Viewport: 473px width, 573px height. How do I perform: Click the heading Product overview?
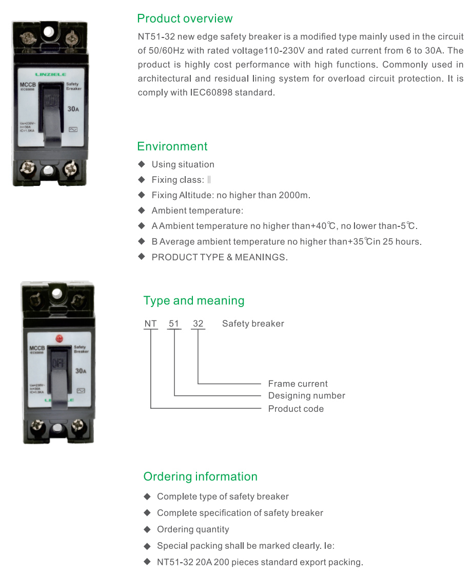pos(185,19)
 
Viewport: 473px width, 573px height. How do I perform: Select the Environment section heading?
pos(172,146)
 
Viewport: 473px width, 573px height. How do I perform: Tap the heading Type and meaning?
pos(194,301)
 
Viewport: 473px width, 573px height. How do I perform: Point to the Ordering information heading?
pos(200,476)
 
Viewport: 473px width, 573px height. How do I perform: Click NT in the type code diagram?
pos(150,324)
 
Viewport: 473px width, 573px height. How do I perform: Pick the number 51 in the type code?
pos(175,324)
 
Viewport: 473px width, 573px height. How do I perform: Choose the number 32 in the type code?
pos(198,324)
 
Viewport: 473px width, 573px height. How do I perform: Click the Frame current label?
pos(298,384)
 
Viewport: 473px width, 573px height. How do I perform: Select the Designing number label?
pos(306,396)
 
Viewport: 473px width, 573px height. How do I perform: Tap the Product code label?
pos(296,409)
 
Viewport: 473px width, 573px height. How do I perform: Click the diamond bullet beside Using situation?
pos(142,164)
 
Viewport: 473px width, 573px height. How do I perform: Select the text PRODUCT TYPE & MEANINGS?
pos(219,257)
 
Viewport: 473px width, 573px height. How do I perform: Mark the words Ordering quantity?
pos(193,529)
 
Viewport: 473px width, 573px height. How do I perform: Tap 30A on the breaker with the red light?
pos(81,370)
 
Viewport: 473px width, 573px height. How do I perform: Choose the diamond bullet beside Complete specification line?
pos(147,513)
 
